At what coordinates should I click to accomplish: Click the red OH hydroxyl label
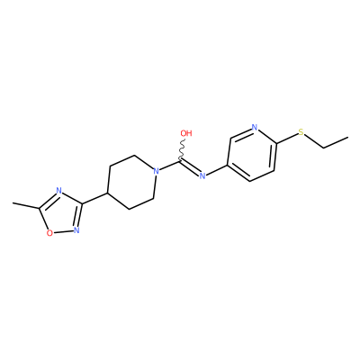click(x=186, y=133)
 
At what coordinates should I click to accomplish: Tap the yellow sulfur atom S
click(x=301, y=132)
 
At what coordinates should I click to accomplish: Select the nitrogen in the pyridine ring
click(x=255, y=128)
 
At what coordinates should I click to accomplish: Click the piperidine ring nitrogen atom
click(x=156, y=172)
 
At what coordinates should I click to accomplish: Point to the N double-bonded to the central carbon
click(x=202, y=175)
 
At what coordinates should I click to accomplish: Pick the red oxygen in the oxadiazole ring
click(x=50, y=233)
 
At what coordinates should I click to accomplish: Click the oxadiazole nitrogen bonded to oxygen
click(x=76, y=230)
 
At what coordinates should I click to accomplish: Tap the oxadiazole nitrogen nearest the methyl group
click(x=58, y=191)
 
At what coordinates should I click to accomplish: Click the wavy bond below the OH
click(x=182, y=149)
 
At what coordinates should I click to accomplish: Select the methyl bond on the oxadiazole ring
click(x=26, y=205)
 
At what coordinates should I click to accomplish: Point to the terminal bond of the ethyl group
click(x=336, y=142)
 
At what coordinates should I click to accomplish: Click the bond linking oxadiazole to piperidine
click(x=95, y=199)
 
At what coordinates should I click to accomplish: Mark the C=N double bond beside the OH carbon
click(x=190, y=167)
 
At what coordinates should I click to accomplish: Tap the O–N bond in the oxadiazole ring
click(x=63, y=231)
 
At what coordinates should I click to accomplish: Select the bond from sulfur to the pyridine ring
click(x=286, y=139)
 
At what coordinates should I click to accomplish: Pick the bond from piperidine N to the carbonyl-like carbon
click(x=170, y=166)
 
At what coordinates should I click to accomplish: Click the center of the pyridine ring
click(x=252, y=154)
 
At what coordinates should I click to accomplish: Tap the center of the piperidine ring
click(x=132, y=183)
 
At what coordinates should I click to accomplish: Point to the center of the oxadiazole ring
click(x=61, y=216)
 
